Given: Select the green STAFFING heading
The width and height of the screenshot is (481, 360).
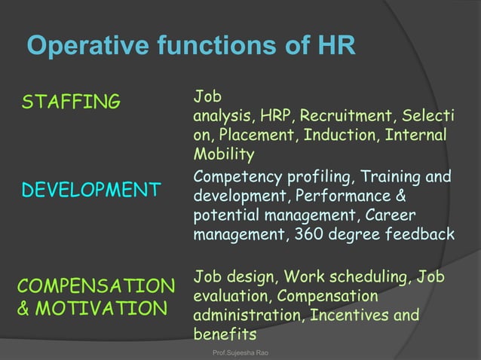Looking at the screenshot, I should [71, 102].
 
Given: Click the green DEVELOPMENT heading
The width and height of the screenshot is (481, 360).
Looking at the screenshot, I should [90, 190].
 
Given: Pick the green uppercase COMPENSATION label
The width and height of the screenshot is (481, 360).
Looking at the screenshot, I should [96, 287].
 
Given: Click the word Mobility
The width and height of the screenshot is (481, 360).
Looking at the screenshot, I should [224, 154].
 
